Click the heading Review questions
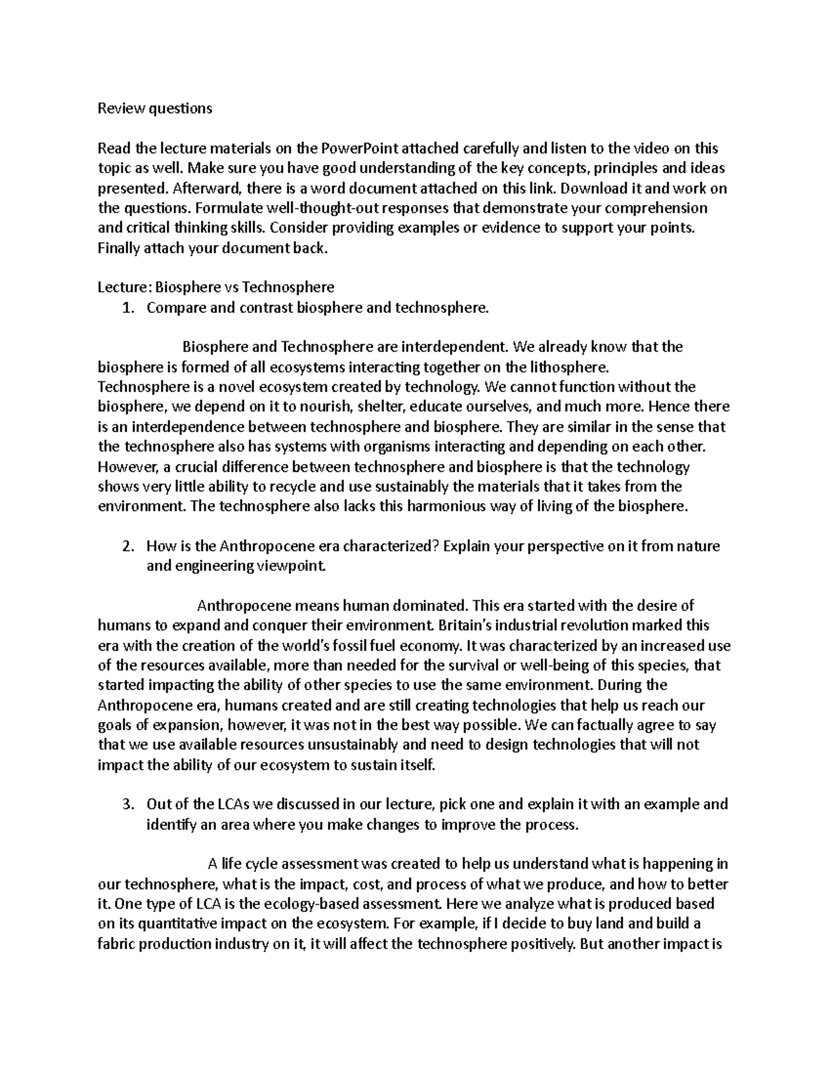[155, 108]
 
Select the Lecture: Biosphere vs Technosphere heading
[216, 287]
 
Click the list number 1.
[126, 308]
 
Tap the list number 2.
[126, 546]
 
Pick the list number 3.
[126, 804]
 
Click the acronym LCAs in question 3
[234, 804]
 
